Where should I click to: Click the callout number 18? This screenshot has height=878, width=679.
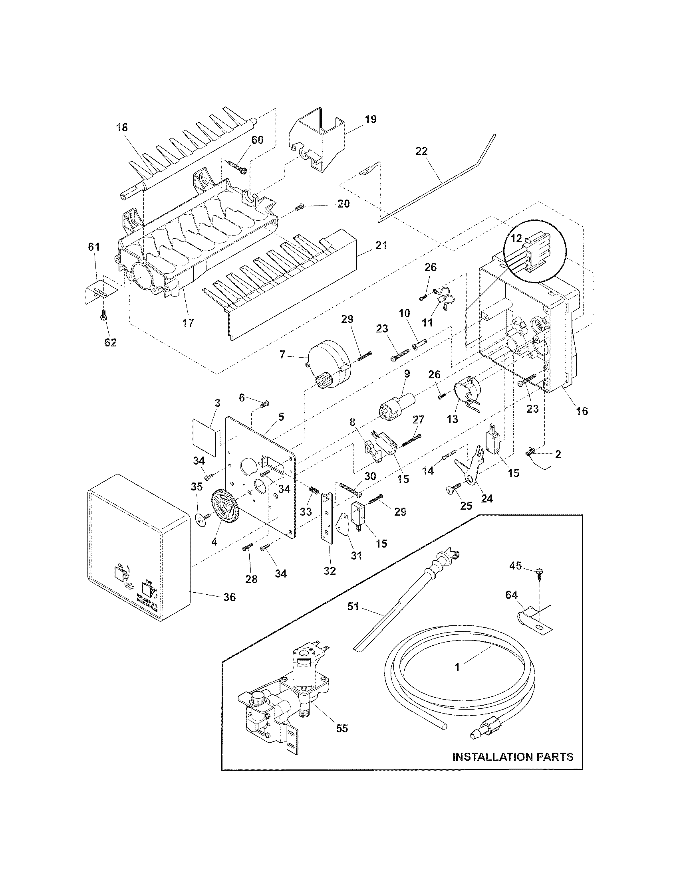[x=122, y=127]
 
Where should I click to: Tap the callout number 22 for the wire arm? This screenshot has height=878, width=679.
[x=422, y=151]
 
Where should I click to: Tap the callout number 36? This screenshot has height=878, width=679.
[x=229, y=609]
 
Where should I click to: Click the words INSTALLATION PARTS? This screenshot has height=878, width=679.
[x=513, y=757]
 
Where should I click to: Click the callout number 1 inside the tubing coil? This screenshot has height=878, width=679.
[x=457, y=667]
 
